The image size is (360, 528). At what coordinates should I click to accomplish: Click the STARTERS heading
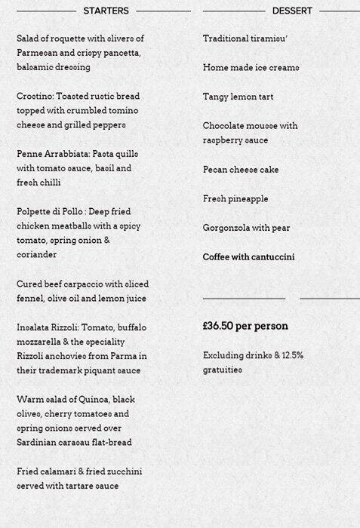click(106, 11)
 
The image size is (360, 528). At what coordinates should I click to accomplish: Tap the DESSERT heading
click(292, 11)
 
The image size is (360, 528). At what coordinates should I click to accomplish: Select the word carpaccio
click(94, 284)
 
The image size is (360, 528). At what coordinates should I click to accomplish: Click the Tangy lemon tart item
click(238, 97)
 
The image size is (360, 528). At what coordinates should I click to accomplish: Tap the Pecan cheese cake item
click(241, 170)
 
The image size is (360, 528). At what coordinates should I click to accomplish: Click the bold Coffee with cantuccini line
click(248, 257)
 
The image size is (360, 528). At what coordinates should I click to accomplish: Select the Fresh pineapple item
click(235, 199)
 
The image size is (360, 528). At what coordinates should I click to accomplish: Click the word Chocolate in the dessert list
click(227, 126)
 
